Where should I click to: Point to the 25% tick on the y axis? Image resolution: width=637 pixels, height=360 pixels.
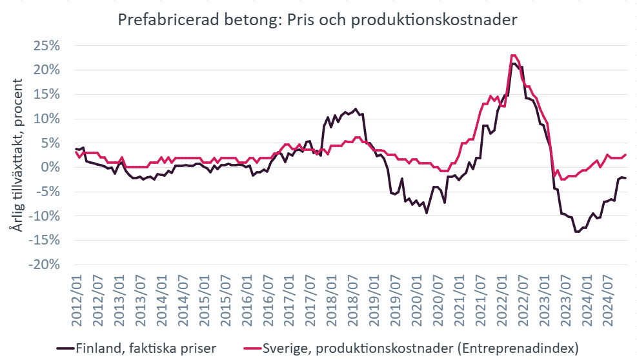tap(46, 46)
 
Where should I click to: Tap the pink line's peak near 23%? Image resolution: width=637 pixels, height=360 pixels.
tap(513, 55)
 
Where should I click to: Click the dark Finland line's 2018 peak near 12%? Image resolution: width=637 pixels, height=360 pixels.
tap(356, 108)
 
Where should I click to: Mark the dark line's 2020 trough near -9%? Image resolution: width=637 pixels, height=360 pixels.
tap(427, 213)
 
